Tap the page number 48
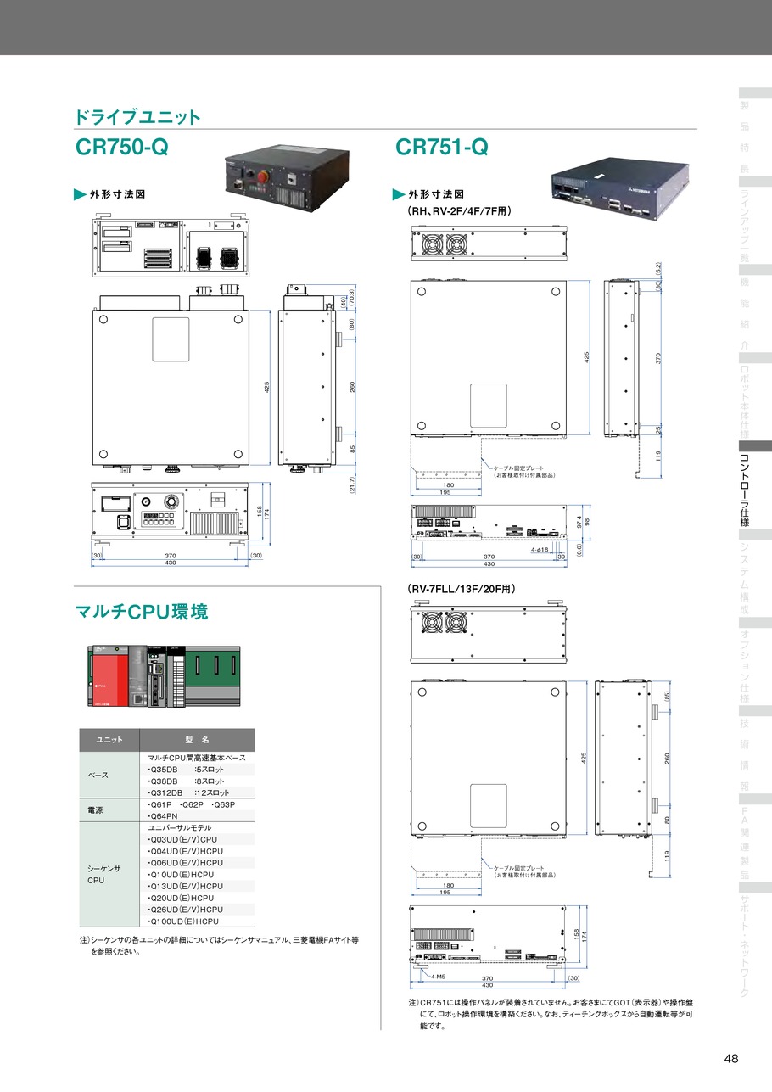(x=731, y=1058)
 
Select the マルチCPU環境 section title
(x=142, y=611)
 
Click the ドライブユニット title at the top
(x=137, y=116)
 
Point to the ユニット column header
(x=108, y=740)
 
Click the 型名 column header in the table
(x=196, y=740)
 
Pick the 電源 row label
(x=96, y=810)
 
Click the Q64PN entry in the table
(x=162, y=816)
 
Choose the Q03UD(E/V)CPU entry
(x=182, y=839)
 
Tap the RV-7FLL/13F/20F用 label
(x=462, y=588)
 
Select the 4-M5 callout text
(x=439, y=977)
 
